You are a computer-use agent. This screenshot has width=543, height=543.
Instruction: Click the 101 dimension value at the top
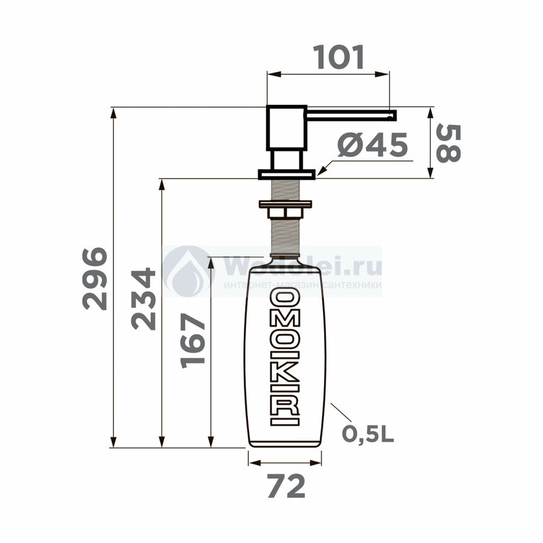[338, 57]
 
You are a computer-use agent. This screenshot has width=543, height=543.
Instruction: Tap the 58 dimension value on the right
[448, 144]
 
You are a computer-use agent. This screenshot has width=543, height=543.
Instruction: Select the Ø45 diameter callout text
[373, 145]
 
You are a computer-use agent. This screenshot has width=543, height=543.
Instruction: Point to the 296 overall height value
[95, 278]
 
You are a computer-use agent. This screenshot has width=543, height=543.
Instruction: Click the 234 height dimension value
[144, 299]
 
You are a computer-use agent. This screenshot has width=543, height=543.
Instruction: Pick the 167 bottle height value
[193, 341]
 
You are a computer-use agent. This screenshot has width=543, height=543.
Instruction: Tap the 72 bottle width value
[286, 486]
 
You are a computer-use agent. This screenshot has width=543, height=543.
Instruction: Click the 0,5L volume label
[368, 434]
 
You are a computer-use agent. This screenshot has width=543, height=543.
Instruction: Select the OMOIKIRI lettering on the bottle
[285, 357]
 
